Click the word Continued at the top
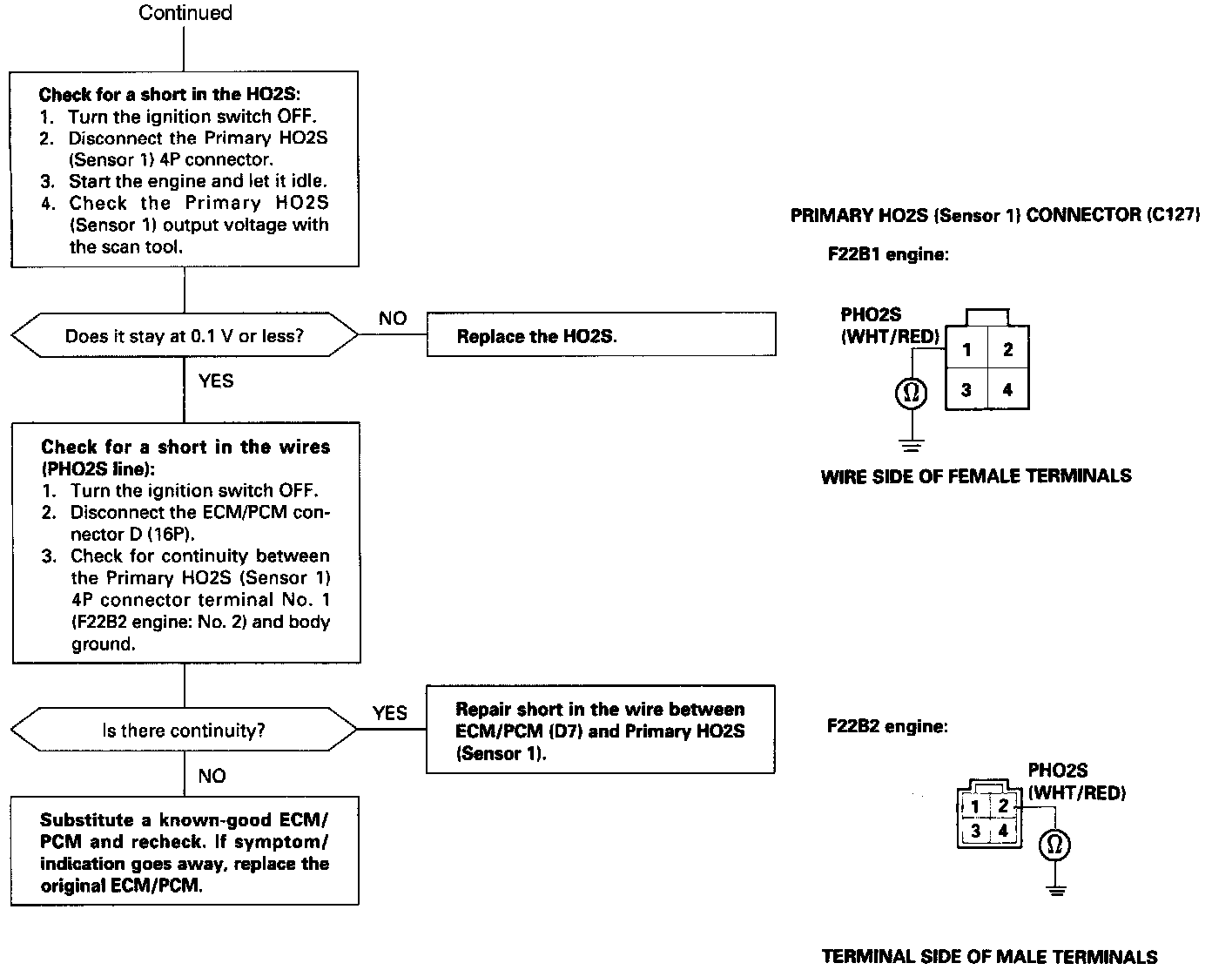click(185, 13)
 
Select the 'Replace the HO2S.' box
click(601, 335)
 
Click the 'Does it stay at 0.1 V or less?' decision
click(185, 335)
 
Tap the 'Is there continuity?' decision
click(184, 730)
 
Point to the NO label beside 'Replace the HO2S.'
click(393, 319)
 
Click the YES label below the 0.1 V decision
click(216, 381)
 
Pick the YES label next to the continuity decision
click(389, 713)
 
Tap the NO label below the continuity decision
click(212, 776)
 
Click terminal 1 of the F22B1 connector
click(966, 350)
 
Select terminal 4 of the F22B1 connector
click(1007, 390)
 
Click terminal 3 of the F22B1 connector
click(966, 390)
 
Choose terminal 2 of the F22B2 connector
click(1003, 806)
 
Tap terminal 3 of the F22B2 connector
click(976, 831)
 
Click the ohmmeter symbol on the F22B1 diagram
click(911, 394)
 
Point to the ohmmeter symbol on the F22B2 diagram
click(1055, 845)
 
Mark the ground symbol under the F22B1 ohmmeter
click(911, 447)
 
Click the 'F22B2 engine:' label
click(887, 726)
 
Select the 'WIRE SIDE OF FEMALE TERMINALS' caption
click(976, 476)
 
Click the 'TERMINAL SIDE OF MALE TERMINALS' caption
click(989, 956)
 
